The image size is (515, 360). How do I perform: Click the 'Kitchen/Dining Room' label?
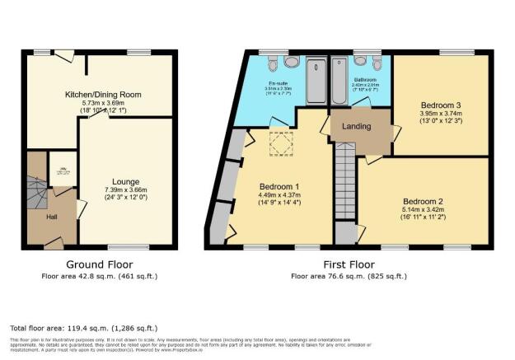[x=103, y=95]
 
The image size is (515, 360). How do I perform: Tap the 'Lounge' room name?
[x=125, y=182]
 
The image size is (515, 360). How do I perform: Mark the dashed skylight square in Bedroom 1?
[x=280, y=145]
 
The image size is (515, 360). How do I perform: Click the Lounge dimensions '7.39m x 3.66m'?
[x=125, y=191]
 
